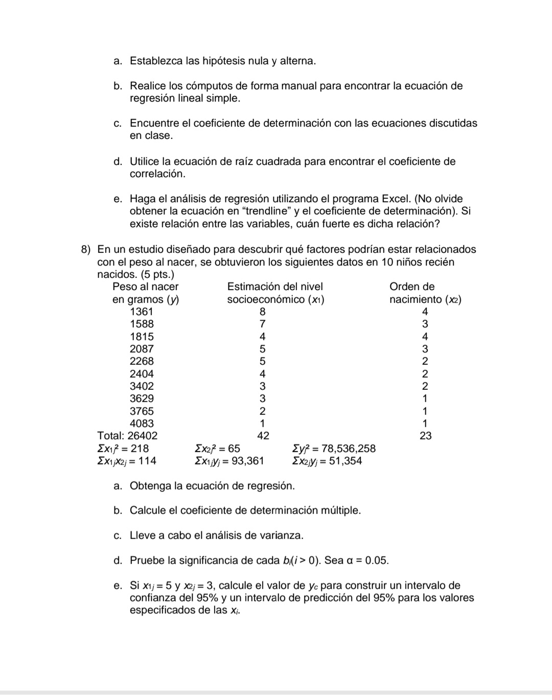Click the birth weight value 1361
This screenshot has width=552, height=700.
[x=142, y=312]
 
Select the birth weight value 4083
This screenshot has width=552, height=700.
[x=142, y=424]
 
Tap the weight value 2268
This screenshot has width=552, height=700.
[x=142, y=361]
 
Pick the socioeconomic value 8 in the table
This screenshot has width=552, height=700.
[x=262, y=312]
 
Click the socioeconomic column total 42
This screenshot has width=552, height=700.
[x=263, y=436]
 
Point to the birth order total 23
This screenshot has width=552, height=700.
[x=425, y=436]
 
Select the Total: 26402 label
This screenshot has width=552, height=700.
[x=127, y=436]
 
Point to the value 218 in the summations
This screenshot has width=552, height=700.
[x=140, y=449]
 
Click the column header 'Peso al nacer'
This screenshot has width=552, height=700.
[x=146, y=287]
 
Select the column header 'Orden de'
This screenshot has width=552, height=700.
[x=412, y=287]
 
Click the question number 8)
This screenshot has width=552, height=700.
[x=86, y=250]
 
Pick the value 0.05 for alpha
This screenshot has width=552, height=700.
[x=377, y=561]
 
